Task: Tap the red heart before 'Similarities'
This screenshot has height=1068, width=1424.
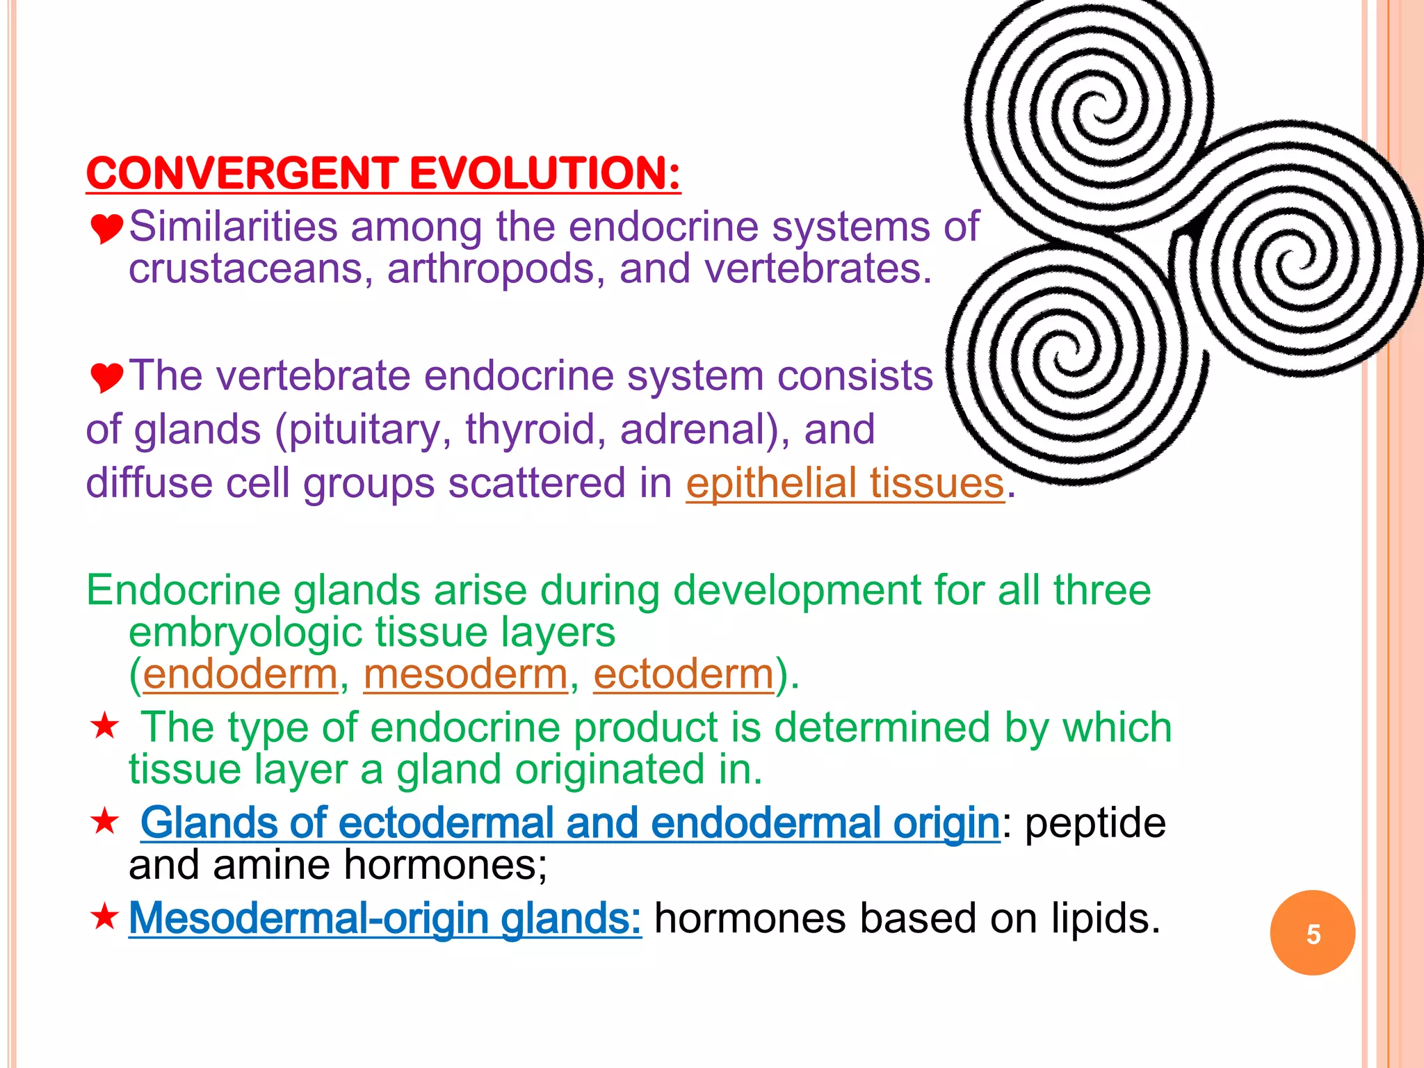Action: point(106,228)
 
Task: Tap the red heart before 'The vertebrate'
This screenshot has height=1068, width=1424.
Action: point(106,377)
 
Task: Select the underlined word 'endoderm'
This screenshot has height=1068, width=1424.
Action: point(241,674)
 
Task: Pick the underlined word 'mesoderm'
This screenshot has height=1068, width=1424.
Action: point(466,674)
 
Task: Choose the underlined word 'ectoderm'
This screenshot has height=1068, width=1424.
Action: point(683,674)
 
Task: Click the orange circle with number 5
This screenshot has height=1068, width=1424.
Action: point(1312,933)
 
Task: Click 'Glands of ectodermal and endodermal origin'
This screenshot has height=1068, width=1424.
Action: point(569,823)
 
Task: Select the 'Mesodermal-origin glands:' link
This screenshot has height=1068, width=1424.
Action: point(385,919)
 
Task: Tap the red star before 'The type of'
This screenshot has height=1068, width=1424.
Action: point(105,727)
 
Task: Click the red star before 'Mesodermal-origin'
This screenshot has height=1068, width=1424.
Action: point(105,917)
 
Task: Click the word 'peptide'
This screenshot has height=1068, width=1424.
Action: point(1095,824)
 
